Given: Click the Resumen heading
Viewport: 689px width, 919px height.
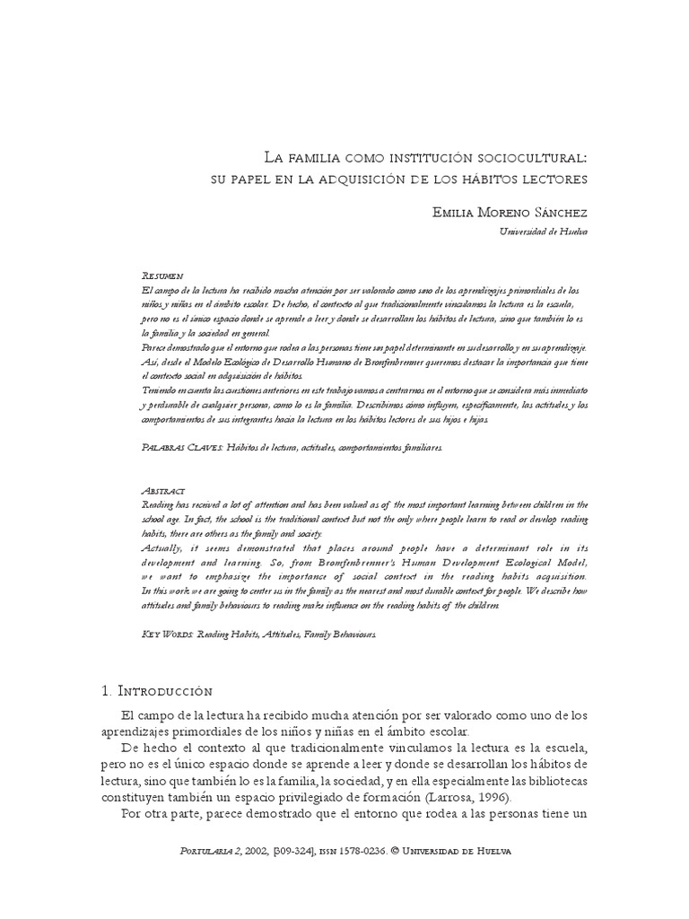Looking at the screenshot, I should [163, 276].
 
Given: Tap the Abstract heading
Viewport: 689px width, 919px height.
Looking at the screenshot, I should [164, 491].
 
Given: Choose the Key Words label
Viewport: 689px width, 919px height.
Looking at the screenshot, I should [169, 634].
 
